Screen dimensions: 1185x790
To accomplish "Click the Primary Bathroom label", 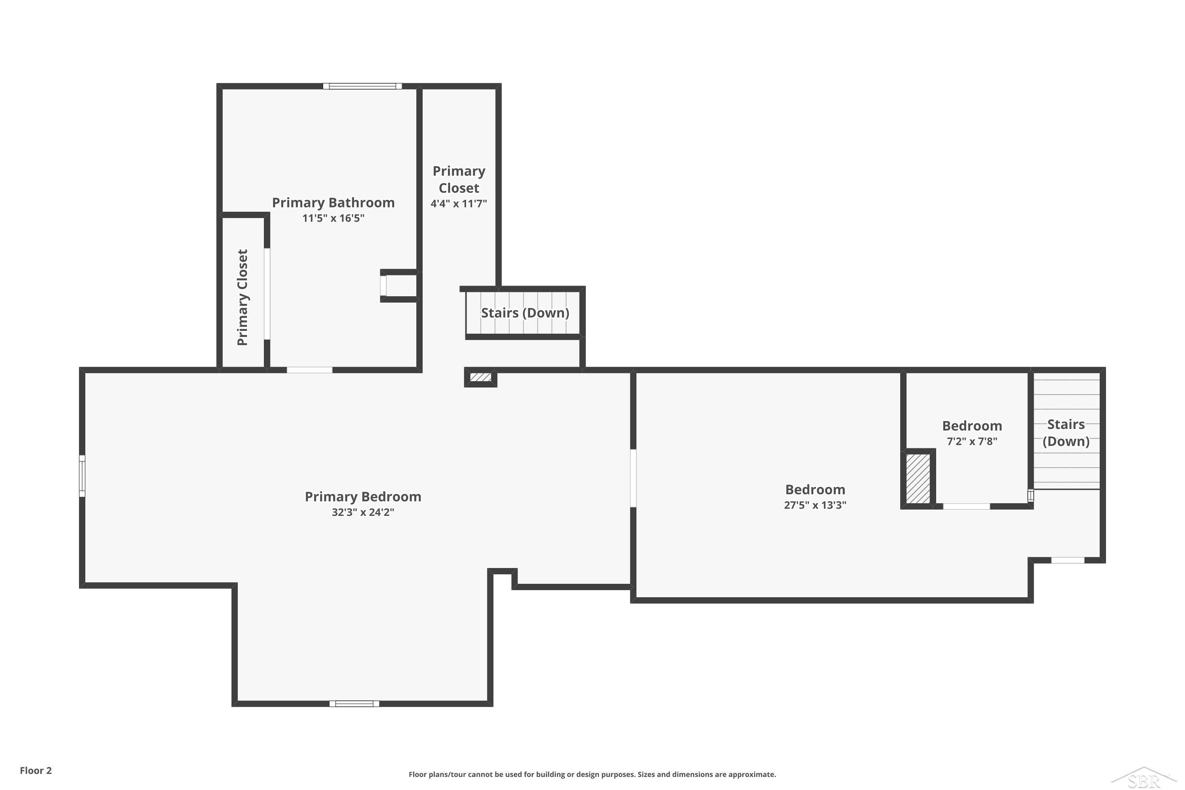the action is [x=333, y=203].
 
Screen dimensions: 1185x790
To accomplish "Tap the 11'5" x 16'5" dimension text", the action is [x=333, y=218].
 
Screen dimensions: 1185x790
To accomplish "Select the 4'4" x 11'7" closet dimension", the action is [x=459, y=203].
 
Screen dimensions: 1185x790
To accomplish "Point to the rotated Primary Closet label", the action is [x=243, y=297].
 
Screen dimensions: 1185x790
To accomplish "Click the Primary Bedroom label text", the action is [x=363, y=497].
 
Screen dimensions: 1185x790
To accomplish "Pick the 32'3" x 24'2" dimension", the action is [x=363, y=512].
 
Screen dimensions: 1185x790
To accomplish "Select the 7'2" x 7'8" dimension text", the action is [x=972, y=441].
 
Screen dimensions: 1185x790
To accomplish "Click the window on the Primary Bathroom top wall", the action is [x=362, y=86].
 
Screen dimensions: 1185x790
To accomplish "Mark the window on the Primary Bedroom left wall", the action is [x=82, y=476].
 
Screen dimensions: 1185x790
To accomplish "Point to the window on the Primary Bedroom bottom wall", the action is [x=354, y=704].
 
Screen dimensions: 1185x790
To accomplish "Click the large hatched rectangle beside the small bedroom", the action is [x=918, y=479].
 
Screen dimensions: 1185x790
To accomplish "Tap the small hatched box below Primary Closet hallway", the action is [x=481, y=377].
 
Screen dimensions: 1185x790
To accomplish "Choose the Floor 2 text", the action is [x=36, y=770].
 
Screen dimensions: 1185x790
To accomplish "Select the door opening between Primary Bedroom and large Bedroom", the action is [x=633, y=478].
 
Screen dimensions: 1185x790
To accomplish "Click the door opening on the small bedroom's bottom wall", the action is [x=966, y=506].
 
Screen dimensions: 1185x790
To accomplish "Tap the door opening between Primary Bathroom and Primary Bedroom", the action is [x=309, y=370].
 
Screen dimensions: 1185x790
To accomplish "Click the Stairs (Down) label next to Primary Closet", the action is [x=525, y=313].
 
